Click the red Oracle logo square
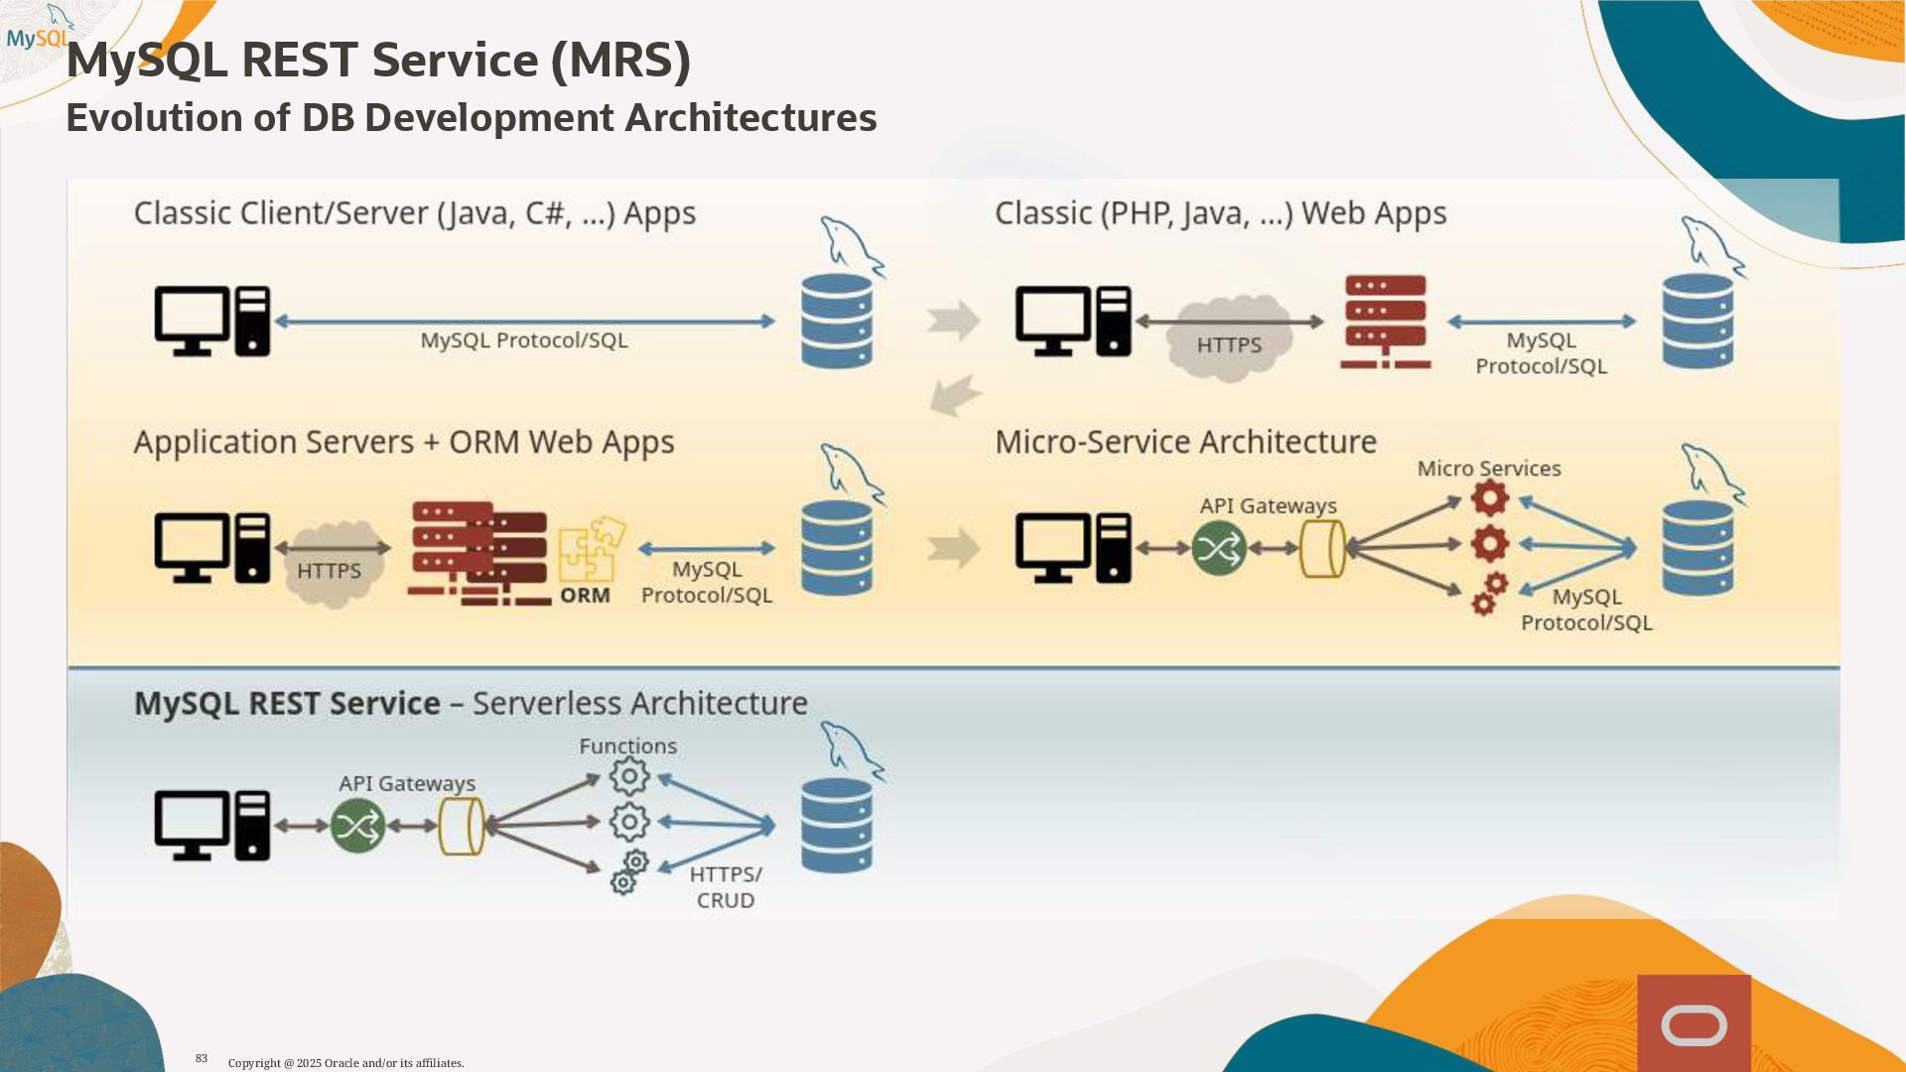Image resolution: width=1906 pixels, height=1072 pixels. pos(1694,1023)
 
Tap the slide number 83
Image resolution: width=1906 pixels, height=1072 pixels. pos(202,1058)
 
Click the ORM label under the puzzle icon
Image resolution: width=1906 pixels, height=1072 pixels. pos(585,596)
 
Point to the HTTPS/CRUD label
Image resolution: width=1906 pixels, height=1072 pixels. pos(726,887)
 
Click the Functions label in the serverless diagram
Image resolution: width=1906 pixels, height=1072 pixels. pos(627,746)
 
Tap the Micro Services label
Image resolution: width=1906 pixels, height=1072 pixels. pos(1488,469)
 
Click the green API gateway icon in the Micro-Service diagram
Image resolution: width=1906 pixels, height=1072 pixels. pos(1219,548)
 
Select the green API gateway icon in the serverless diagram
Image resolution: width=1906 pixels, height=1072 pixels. pos(357,826)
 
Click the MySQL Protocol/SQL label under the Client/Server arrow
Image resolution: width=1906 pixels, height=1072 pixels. pos(524,340)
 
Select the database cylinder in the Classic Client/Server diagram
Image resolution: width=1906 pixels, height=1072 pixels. pos(837,321)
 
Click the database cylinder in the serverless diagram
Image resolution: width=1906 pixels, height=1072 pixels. pos(837,826)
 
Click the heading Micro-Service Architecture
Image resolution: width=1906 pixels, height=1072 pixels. pos(1185,442)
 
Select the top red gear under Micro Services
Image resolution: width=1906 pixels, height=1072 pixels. pos(1489,498)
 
